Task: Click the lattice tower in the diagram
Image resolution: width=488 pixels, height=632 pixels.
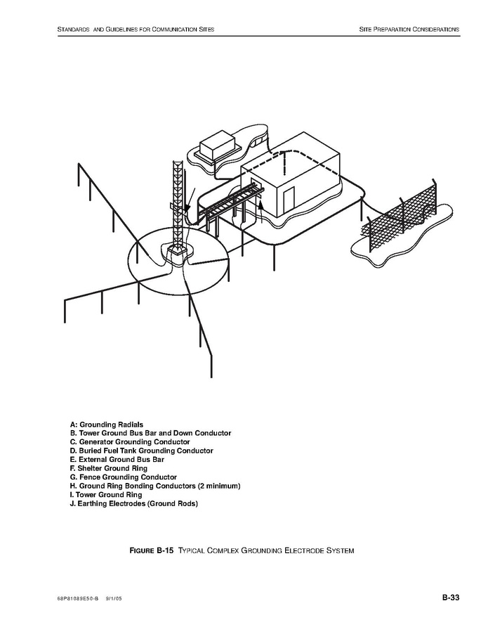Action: point(177,204)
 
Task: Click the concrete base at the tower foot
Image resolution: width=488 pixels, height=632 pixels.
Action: point(176,252)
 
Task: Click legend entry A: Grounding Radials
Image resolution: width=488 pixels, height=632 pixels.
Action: point(107,425)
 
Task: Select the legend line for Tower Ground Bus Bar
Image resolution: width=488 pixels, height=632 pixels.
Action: point(150,433)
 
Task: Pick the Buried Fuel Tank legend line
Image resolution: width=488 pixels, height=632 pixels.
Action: point(141,451)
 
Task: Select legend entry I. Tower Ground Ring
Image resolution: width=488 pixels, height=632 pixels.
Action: point(105,495)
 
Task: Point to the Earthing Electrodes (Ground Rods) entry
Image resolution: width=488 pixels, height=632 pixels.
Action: point(133,504)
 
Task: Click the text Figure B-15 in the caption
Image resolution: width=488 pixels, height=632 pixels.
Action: point(151,550)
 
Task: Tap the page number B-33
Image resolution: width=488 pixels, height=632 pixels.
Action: point(450,598)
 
